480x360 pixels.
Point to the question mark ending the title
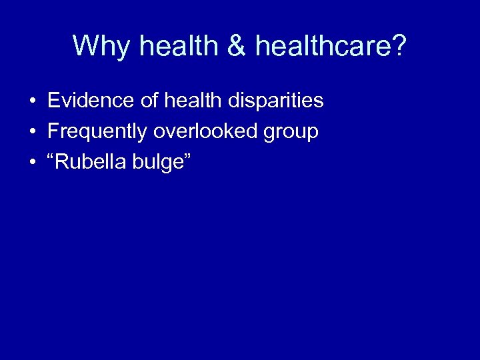398,46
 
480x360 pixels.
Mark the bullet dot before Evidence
32,102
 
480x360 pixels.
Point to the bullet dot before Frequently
32,133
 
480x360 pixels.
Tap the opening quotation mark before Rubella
51,157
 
